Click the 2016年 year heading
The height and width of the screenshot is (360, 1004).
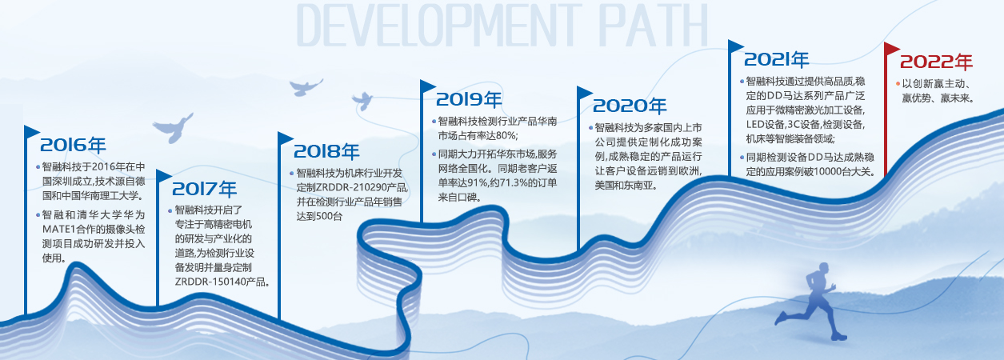pos(73,145)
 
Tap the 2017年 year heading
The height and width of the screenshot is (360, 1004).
pos(204,189)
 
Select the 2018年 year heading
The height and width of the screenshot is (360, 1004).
pos(326,151)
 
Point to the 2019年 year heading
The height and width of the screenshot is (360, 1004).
pos(469,99)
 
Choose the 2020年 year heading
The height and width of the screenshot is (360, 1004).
pos(630,106)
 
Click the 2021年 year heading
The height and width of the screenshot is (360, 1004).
pos(776,59)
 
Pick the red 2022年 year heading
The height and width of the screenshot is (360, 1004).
pos(936,62)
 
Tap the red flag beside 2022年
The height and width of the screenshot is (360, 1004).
pos(891,49)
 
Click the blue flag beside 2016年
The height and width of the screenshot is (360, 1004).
pos(32,132)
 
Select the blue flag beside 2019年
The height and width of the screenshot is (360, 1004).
pos(428,86)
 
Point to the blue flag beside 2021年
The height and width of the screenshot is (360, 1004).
pos(736,46)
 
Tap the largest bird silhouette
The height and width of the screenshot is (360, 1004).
pos(173,128)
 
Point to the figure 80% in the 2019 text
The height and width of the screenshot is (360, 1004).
pos(506,135)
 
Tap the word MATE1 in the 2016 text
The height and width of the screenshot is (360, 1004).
pos(58,229)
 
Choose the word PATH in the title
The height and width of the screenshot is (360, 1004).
pos(653,26)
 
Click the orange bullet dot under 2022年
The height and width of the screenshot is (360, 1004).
pos(898,84)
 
